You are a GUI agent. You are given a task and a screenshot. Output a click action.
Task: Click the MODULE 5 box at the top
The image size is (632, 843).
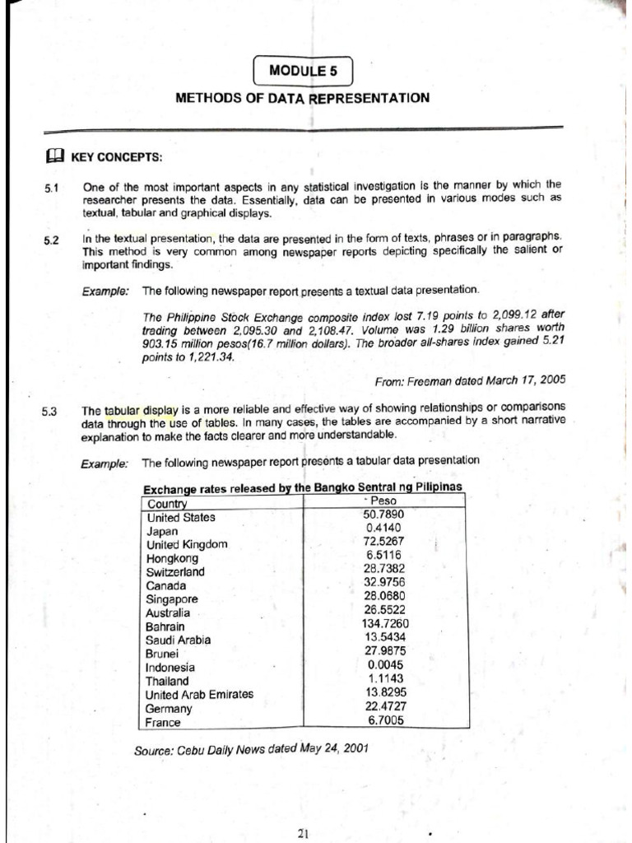pos(302,71)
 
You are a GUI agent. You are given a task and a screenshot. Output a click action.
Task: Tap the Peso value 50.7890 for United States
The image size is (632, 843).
pos(385,515)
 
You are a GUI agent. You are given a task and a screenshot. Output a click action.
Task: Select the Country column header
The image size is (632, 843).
pos(167,504)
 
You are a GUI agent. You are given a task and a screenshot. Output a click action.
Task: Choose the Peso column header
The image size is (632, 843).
pos(383,501)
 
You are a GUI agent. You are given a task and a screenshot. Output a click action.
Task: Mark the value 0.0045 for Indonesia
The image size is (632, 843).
pos(385,664)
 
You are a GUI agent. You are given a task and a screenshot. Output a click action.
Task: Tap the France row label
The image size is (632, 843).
pos(162,722)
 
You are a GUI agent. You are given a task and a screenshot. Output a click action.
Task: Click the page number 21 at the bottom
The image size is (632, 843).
pos(302,832)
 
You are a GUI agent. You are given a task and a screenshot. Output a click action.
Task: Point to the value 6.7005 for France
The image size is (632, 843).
pos(385,720)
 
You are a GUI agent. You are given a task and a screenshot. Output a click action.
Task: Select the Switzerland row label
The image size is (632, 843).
pos(174,572)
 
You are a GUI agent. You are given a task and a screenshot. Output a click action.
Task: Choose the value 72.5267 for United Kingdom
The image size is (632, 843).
pos(385,543)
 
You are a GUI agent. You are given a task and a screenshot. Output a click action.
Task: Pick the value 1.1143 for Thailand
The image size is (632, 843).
pos(385,678)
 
